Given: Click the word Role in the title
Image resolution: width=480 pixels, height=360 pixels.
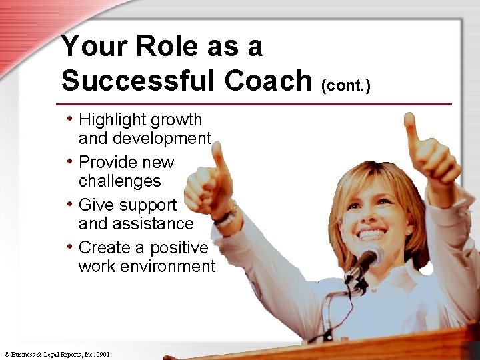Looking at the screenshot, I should coord(167,47).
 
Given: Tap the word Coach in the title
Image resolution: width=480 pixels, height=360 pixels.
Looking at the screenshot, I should coord(269,81).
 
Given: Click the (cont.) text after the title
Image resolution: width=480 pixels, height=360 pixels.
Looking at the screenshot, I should coord(345,85).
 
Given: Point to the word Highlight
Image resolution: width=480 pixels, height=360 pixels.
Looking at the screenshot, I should coord(114,120).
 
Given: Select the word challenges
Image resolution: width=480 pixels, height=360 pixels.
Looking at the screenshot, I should coord(120,181).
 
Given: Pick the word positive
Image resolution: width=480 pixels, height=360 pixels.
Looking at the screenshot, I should coord(179,248).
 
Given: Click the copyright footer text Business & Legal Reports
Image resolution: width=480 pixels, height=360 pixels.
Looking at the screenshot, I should coord(57,354).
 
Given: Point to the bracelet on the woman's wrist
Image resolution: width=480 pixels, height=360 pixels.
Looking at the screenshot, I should coord(226,215).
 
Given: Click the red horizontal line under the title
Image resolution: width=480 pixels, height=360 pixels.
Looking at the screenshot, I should coord(253,104).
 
